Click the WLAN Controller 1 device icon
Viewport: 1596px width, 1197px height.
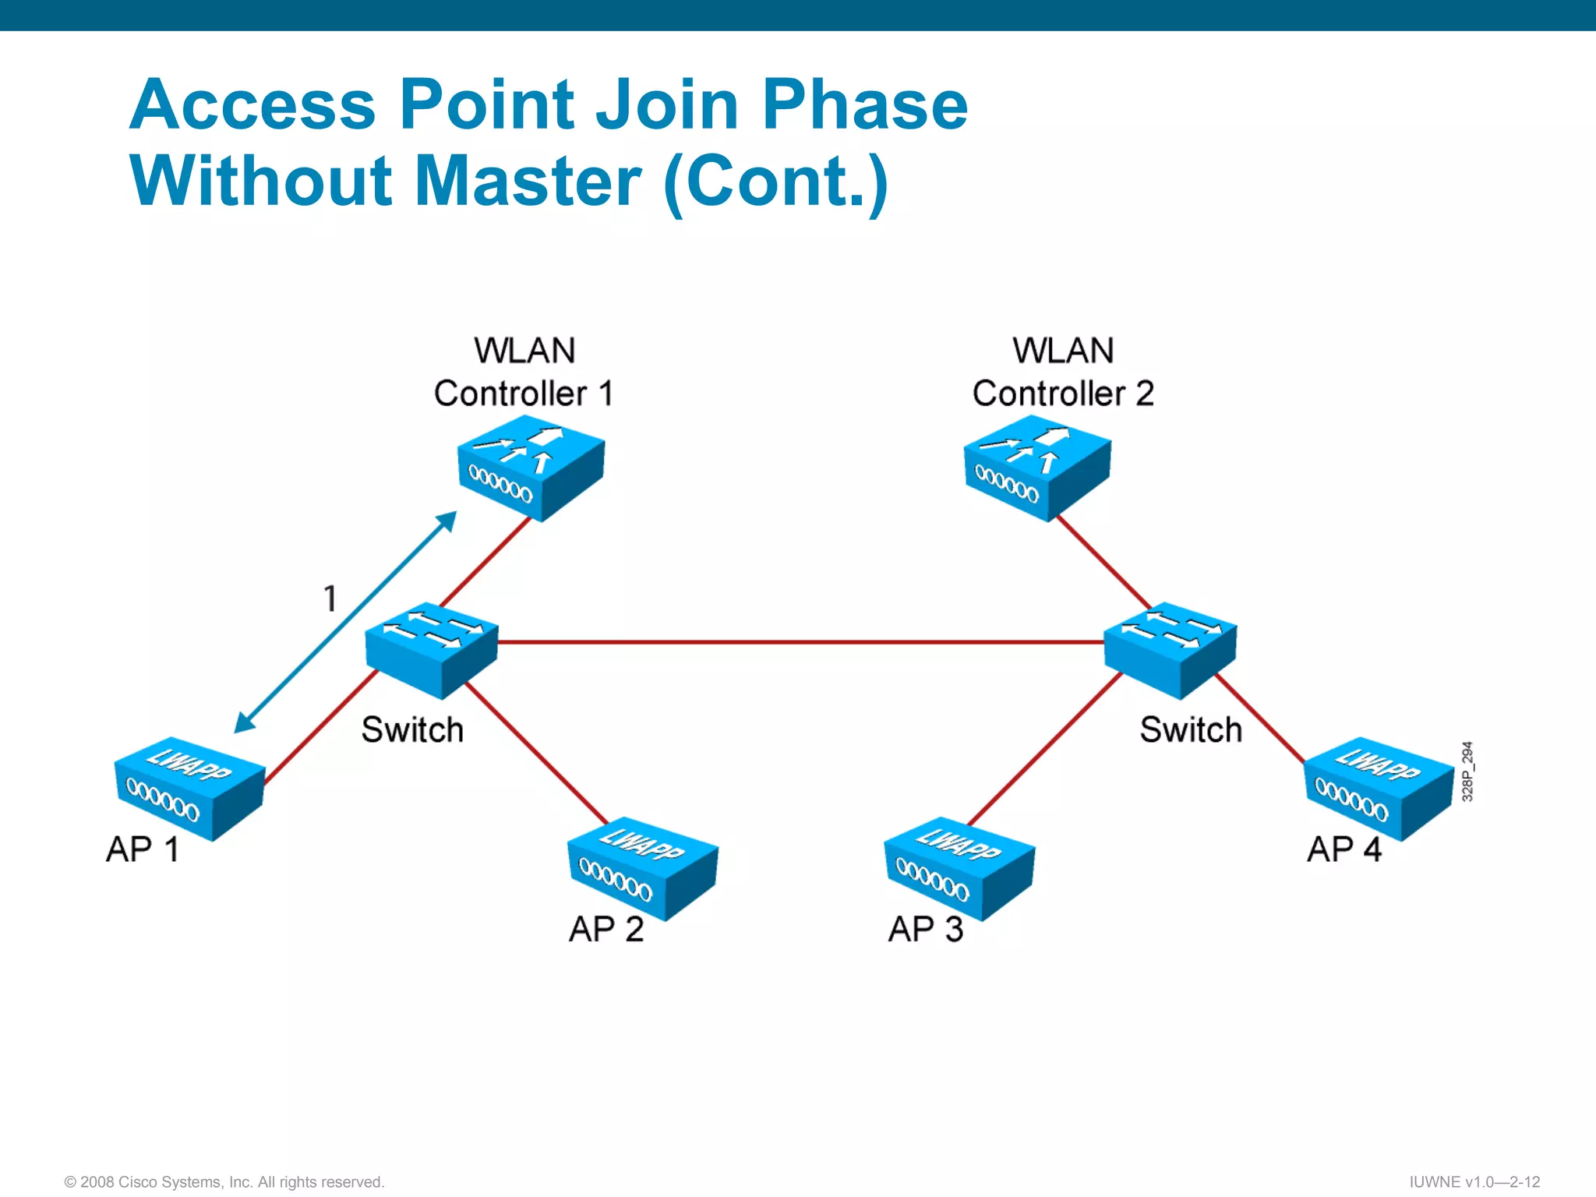pos(531,471)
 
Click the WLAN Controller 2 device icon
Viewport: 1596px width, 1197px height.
pos(1037,471)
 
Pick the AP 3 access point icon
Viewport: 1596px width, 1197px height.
pos(959,868)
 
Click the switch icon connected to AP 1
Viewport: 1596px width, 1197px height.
pos(431,648)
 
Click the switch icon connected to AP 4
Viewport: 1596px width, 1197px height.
pos(1170,648)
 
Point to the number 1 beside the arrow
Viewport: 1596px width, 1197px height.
pos(330,598)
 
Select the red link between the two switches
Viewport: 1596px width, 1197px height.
pos(800,642)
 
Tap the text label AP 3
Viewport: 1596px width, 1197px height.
pos(926,929)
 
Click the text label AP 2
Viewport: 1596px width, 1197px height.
pos(606,929)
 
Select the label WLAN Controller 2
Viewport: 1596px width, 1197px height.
pos(1063,373)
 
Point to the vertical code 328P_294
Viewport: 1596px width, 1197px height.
pos(1467,771)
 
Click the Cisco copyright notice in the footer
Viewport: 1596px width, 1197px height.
pos(224,1181)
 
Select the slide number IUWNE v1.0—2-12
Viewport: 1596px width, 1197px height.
pos(1474,1181)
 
